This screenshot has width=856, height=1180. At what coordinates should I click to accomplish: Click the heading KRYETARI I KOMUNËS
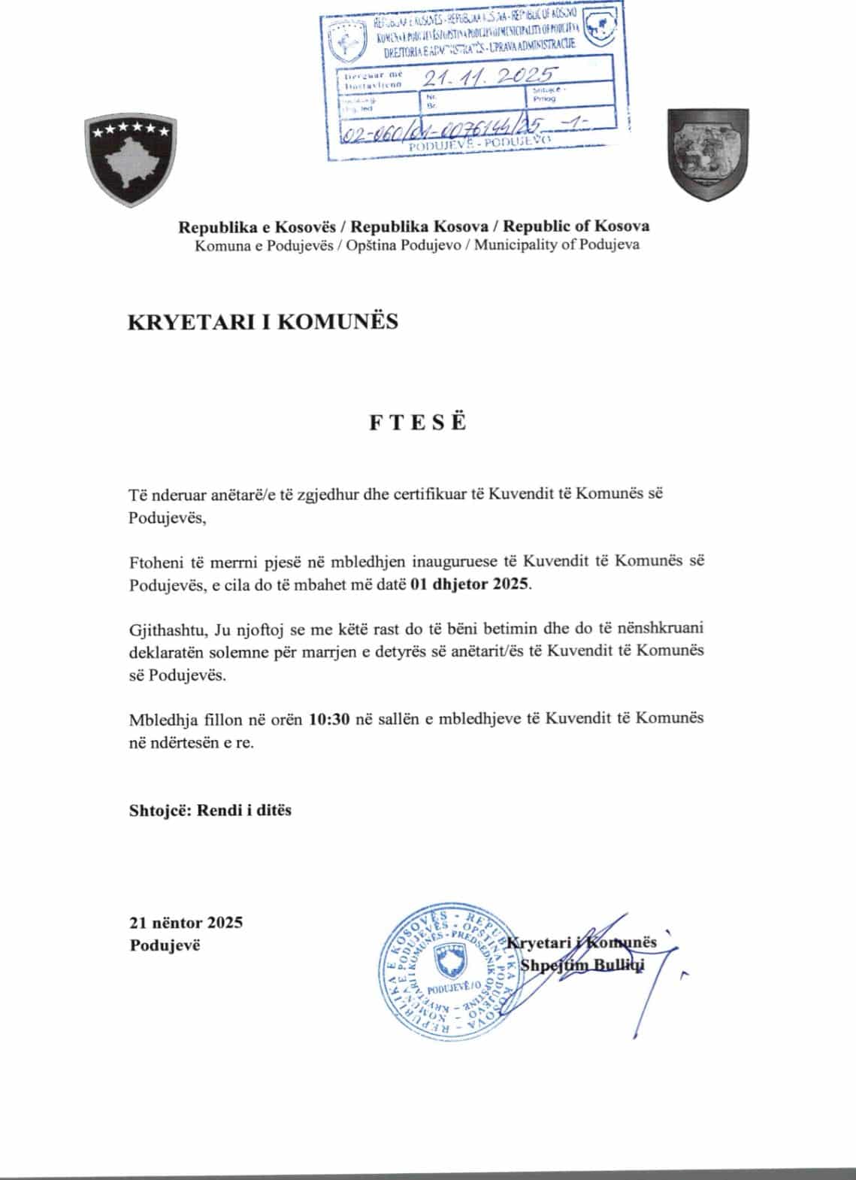(264, 322)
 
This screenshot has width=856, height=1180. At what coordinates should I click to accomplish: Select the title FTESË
(418, 423)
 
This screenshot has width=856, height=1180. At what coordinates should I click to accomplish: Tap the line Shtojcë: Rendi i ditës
(210, 810)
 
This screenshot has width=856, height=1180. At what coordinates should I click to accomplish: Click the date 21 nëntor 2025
(186, 923)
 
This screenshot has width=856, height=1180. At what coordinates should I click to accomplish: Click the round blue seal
(446, 977)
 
